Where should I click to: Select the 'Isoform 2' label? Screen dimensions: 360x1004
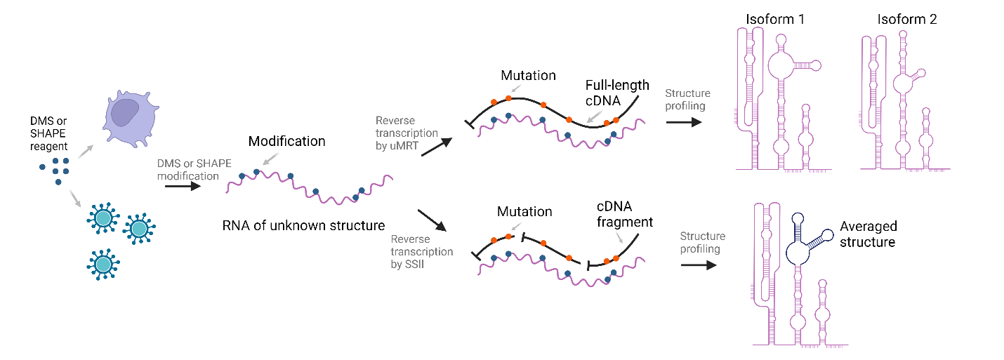click(x=906, y=19)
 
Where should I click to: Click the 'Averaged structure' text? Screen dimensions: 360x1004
click(x=868, y=234)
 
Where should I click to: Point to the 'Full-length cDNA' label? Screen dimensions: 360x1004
click(x=617, y=93)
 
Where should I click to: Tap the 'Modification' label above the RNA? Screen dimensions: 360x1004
click(x=286, y=141)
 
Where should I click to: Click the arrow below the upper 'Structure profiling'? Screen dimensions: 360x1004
click(x=683, y=121)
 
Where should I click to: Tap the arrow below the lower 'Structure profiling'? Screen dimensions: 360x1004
click(x=698, y=265)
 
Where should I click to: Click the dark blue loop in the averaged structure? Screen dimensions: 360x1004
click(x=800, y=251)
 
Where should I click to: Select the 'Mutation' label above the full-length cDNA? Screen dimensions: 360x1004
click(x=528, y=75)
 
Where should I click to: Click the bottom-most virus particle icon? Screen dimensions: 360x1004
click(x=103, y=263)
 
